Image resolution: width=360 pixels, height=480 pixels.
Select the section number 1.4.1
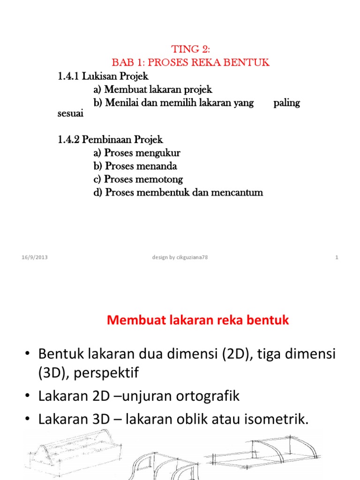point(68,75)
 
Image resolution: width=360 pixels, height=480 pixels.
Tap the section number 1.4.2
point(69,140)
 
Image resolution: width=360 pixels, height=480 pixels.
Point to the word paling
point(286,103)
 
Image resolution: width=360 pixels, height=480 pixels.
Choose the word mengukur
point(158,153)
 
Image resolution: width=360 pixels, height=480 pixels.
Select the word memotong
point(159,179)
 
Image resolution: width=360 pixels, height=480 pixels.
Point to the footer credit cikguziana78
point(190,257)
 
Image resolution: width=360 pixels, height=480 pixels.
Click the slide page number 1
point(337,257)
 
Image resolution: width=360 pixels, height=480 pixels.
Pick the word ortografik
point(201,396)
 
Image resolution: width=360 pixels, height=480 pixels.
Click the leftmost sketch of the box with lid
point(70,457)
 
